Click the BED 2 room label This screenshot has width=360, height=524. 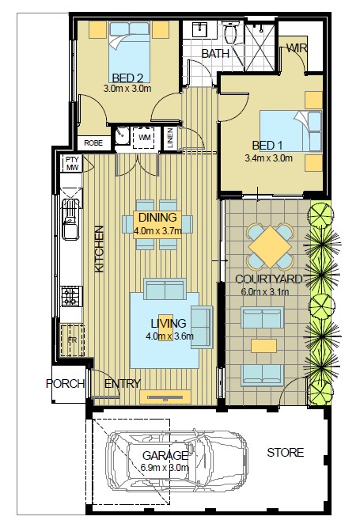click(127, 78)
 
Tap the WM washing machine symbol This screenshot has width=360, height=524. click(144, 138)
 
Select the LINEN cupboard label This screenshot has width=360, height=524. click(170, 138)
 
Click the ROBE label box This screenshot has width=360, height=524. click(93, 143)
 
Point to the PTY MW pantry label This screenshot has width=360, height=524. click(72, 163)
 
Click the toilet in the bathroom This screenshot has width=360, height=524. click(231, 32)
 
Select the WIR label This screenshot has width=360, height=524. click(297, 48)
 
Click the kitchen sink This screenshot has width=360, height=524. click(70, 219)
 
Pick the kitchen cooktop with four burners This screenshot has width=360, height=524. click(71, 296)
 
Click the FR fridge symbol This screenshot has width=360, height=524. click(72, 340)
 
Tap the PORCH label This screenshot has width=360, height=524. click(65, 384)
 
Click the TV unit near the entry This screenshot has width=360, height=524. click(165, 397)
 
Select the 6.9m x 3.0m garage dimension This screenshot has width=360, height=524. click(165, 467)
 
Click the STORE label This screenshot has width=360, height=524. click(285, 453)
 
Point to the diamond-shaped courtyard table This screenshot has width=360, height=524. click(270, 247)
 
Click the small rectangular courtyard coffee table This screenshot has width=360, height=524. click(263, 346)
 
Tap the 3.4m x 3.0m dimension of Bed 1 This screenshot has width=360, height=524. click(268, 158)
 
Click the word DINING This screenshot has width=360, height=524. click(157, 217)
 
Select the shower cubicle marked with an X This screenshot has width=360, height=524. click(260, 47)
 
